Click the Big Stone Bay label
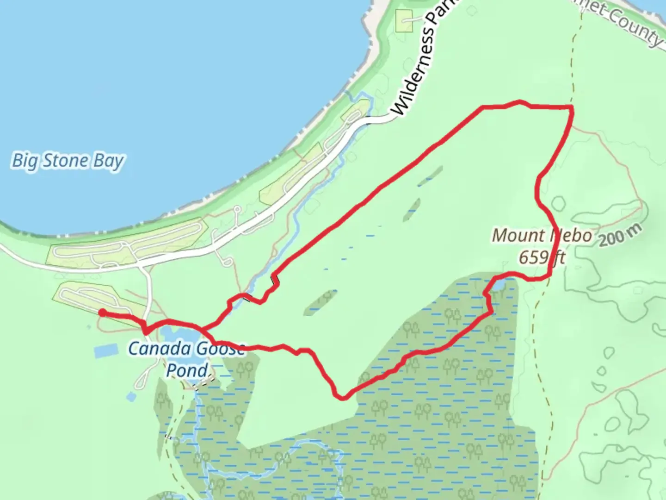68,161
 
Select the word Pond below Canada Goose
187,370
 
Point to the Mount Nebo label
542,236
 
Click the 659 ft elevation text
542,257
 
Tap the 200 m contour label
620,235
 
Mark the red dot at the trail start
101,313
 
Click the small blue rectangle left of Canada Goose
107,351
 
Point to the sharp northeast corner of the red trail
573,108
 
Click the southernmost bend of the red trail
342,397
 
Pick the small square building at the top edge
404,21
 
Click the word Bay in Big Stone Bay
109,161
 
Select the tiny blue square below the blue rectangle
131,397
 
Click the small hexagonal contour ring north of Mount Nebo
558,204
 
